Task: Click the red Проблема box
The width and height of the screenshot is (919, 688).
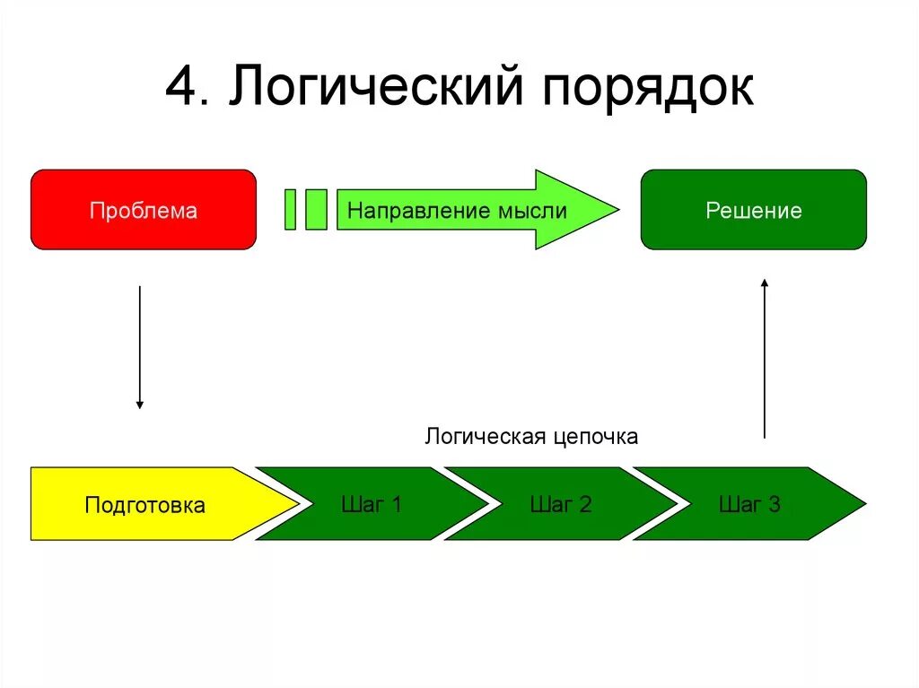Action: tap(144, 210)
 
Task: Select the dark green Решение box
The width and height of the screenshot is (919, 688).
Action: tap(753, 210)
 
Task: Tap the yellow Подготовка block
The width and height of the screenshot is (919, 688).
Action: tap(145, 504)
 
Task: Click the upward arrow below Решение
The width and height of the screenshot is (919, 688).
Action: tap(765, 358)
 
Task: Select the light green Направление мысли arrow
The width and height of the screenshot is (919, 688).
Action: tap(467, 211)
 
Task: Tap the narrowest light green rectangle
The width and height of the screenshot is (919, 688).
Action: tap(290, 210)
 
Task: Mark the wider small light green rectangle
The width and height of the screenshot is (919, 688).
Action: tap(316, 210)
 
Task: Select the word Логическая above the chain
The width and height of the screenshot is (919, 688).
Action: tap(486, 437)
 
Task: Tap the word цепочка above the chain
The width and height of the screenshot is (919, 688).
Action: tap(595, 438)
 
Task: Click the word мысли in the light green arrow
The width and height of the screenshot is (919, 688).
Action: tap(535, 212)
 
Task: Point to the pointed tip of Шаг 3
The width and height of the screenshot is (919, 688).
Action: tap(863, 503)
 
